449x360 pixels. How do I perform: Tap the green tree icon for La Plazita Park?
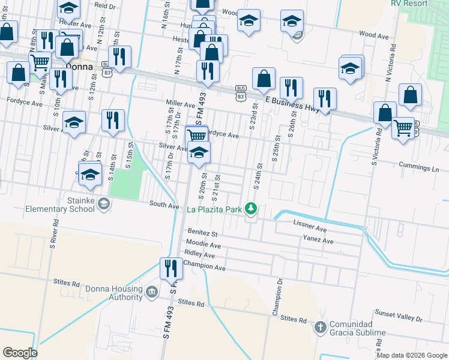pyautogui.click(x=253, y=209)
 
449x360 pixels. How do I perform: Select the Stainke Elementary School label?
pyautogui.click(x=60, y=205)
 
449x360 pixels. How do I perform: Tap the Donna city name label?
pyautogui.click(x=80, y=67)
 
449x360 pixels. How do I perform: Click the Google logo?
pyautogui.click(x=20, y=352)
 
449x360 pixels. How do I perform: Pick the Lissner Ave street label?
pyautogui.click(x=310, y=229)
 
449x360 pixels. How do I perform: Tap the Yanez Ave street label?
pyautogui.click(x=318, y=241)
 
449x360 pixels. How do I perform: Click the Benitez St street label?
pyautogui.click(x=202, y=232)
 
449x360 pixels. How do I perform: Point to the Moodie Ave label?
pyautogui.click(x=203, y=245)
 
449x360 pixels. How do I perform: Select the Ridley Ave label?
pyautogui.click(x=199, y=254)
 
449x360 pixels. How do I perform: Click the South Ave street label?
pyautogui.click(x=164, y=205)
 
